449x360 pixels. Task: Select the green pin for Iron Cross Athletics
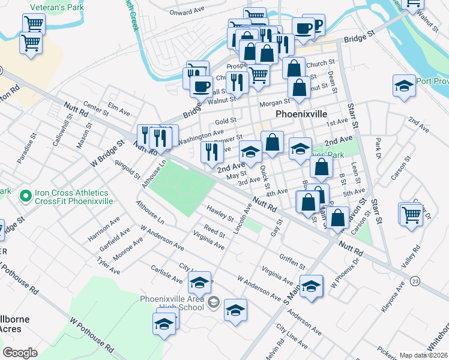(x=25, y=196)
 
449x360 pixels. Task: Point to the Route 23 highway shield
(x=415, y=281)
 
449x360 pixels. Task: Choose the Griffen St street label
(x=292, y=260)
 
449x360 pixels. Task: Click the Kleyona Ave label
(x=393, y=302)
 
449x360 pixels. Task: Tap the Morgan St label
(x=274, y=103)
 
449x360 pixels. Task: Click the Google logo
(x=20, y=352)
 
